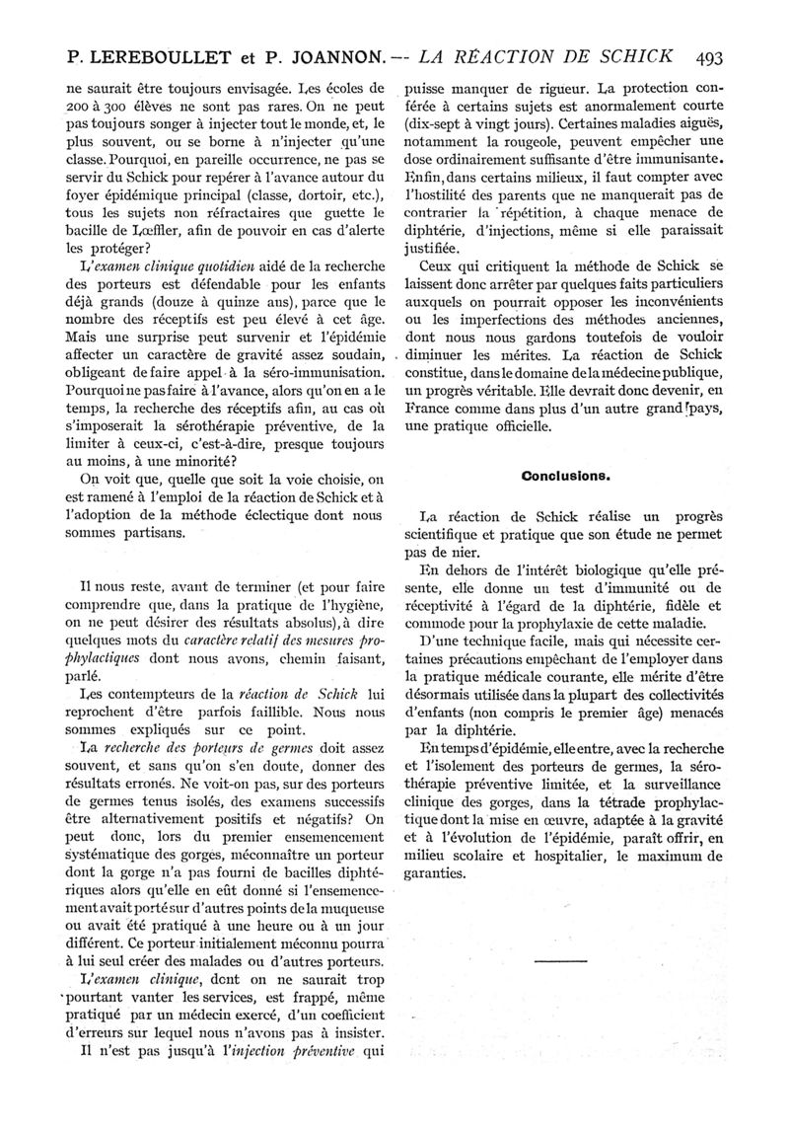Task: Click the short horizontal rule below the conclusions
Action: pos(559,958)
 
